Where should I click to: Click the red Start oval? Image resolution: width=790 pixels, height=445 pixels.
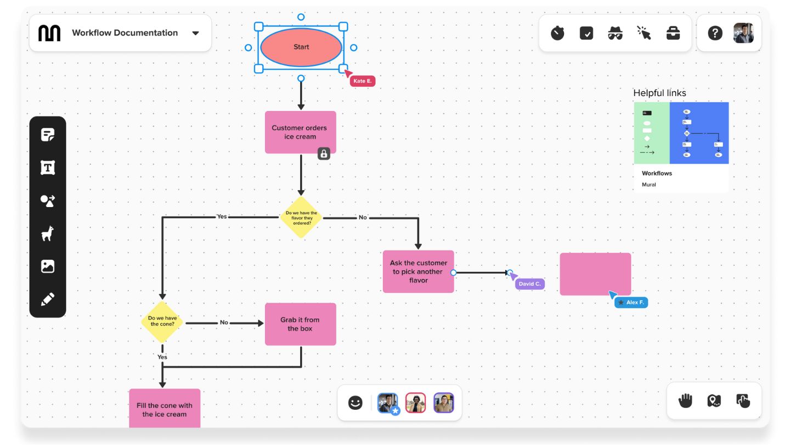pos(301,47)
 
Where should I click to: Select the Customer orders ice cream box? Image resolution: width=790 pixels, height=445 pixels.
pos(300,132)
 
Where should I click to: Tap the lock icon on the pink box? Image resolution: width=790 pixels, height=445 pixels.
pos(324,154)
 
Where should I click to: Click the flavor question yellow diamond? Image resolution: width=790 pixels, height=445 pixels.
pos(301,218)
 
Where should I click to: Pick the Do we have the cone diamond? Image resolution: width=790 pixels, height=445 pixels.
pos(162,321)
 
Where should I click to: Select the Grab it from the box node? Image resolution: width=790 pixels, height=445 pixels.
pos(300,324)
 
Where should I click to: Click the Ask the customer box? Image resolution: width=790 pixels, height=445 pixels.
pos(418,271)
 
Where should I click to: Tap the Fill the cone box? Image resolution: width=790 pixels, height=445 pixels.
pos(165,409)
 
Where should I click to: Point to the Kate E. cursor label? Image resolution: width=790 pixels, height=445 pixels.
pos(362,81)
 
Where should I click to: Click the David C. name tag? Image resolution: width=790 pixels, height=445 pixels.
pos(529,284)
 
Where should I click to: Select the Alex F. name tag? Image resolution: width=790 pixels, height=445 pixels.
pos(631,302)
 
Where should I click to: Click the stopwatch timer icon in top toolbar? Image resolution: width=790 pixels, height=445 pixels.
pos(557,34)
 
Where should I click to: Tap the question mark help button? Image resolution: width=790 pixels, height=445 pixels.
pos(715,34)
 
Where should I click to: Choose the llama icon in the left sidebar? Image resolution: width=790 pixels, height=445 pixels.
pos(48,233)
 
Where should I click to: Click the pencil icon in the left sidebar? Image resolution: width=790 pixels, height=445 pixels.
pos(48,299)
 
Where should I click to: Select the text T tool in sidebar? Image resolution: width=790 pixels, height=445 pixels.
pos(48,168)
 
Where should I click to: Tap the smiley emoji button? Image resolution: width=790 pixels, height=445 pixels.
pos(356,403)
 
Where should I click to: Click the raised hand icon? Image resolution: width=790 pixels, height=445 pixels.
pos(685,400)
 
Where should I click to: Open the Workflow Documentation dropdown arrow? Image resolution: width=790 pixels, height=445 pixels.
pos(195,33)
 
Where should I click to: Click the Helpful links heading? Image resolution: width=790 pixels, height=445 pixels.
pos(659,93)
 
